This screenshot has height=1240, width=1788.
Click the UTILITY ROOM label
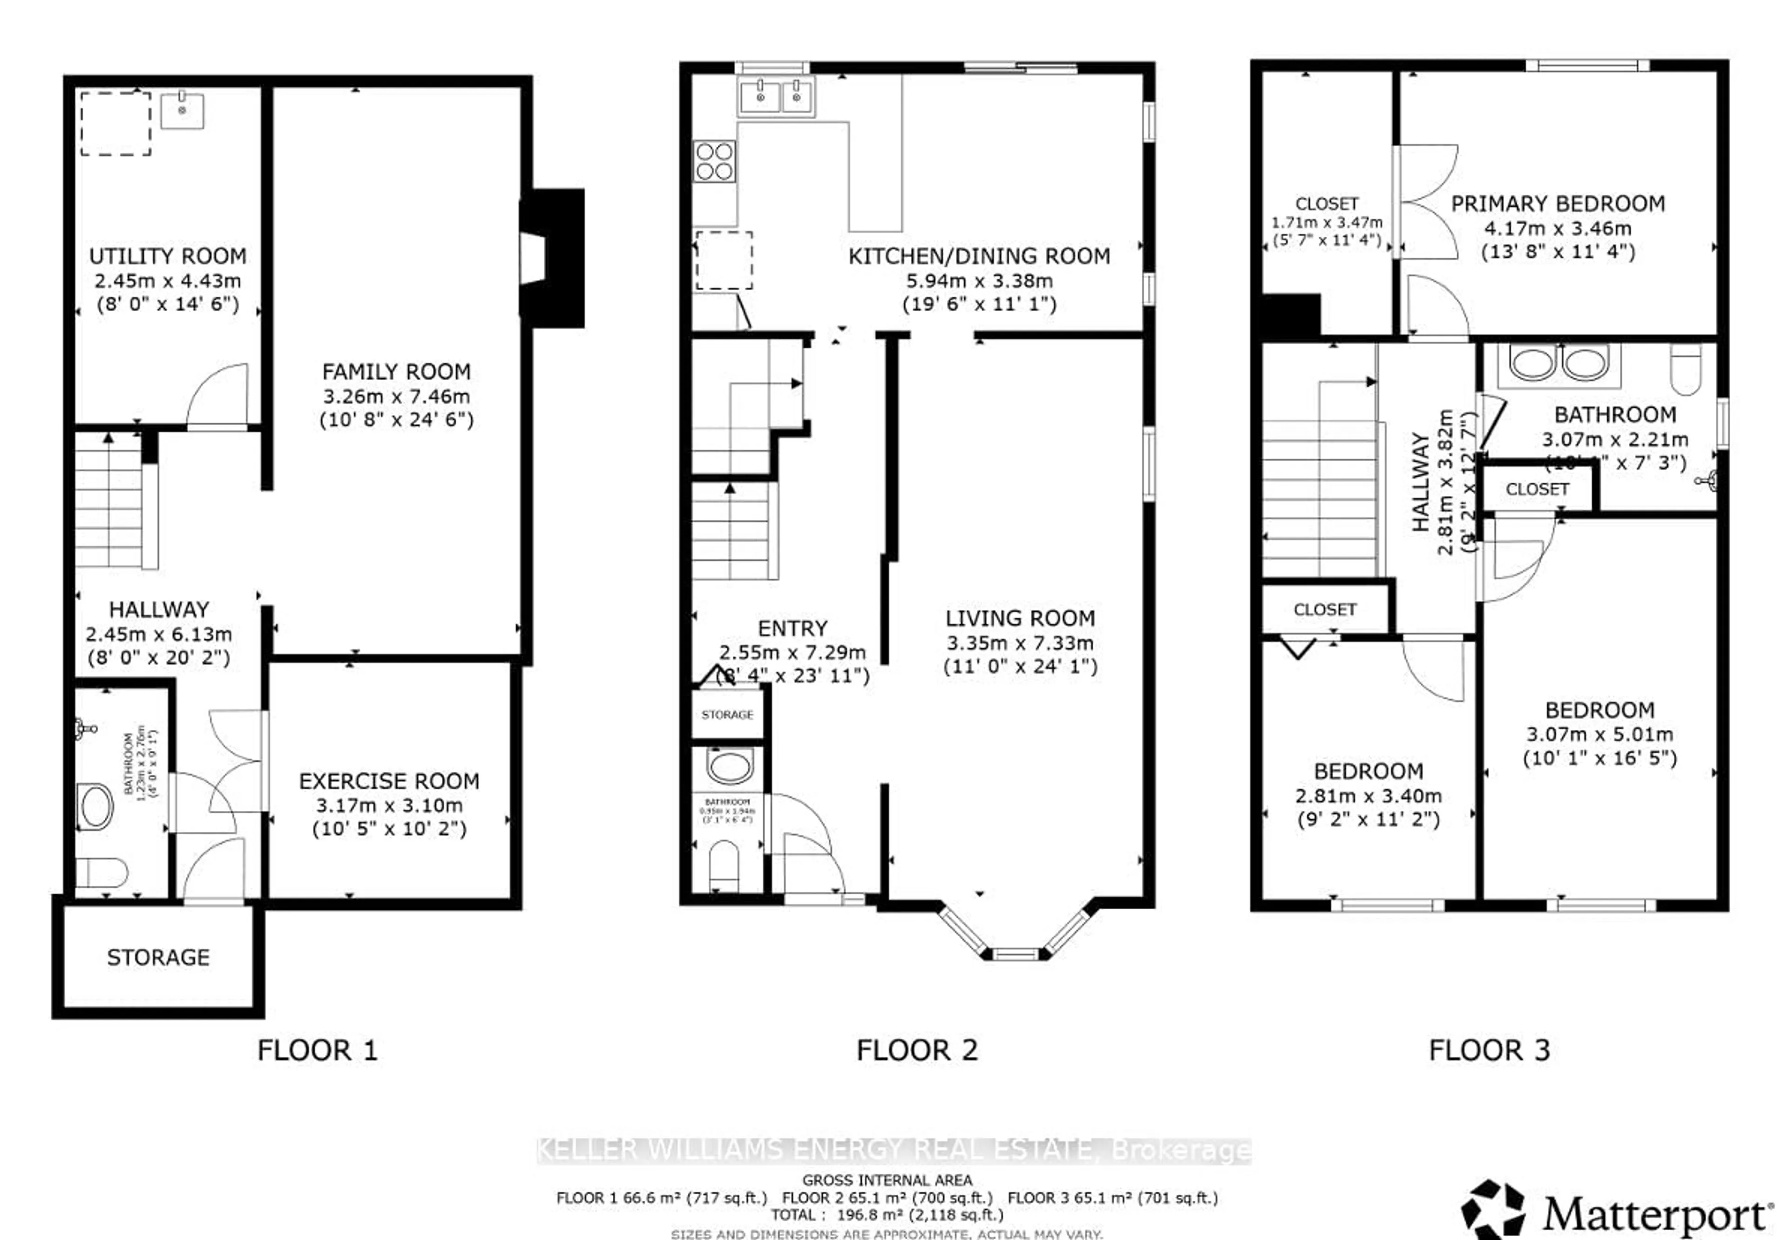coord(167,256)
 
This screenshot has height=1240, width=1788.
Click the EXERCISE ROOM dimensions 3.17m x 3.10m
coord(389,805)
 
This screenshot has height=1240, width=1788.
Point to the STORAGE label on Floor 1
coord(158,957)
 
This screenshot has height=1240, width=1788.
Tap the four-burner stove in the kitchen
coord(714,161)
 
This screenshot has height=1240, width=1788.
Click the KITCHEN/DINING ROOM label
coord(979,256)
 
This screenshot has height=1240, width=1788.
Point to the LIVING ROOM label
coord(1020,619)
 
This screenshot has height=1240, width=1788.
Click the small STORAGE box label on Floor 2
coord(727,715)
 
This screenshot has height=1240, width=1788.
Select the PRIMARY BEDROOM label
coord(1558,204)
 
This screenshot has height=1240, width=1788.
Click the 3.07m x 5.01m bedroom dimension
coord(1599,734)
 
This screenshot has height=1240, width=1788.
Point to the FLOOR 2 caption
coord(916,1050)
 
